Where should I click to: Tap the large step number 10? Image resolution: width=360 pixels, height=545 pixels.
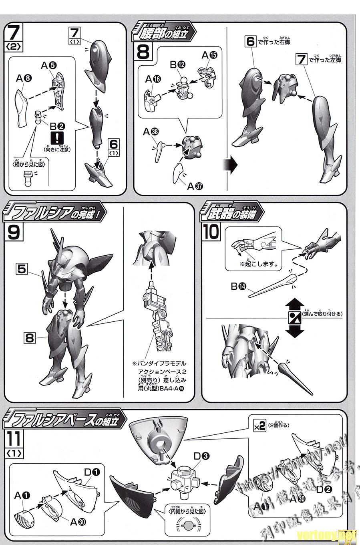click(211, 232)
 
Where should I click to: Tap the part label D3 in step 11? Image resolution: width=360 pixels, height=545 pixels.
click(201, 456)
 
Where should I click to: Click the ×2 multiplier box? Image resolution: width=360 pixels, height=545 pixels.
click(259, 426)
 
